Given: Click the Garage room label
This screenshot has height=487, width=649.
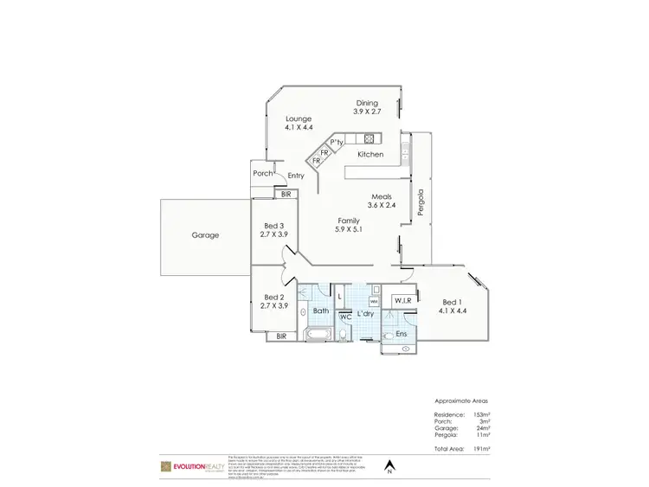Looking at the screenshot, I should pyautogui.click(x=205, y=234).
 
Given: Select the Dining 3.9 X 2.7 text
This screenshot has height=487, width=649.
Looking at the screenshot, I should pyautogui.click(x=367, y=107).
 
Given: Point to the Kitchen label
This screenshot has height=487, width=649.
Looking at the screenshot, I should pyautogui.click(x=370, y=154).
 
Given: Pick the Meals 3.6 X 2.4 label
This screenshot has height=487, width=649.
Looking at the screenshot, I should pyautogui.click(x=382, y=201).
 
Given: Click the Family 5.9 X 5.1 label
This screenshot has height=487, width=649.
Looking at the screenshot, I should pyautogui.click(x=349, y=226).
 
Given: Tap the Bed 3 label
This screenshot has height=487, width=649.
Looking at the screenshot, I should pyautogui.click(x=273, y=230).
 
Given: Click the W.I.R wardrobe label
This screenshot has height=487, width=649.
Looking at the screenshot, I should pyautogui.click(x=402, y=301).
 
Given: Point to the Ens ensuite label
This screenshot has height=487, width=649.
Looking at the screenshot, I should pyautogui.click(x=402, y=333).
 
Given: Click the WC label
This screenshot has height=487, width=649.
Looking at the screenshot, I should pyautogui.click(x=344, y=317).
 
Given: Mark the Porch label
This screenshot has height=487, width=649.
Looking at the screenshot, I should pyautogui.click(x=262, y=173).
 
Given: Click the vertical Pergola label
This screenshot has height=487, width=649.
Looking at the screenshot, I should pyautogui.click(x=421, y=202).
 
